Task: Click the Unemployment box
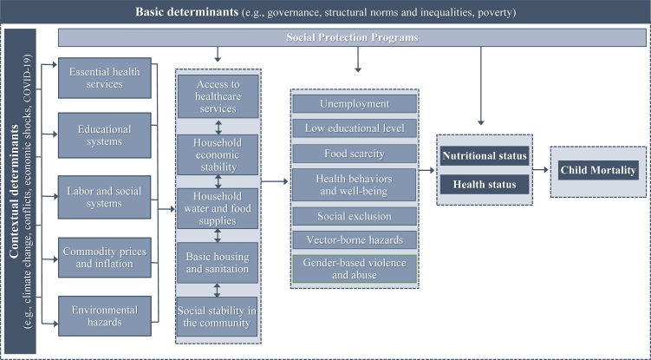(355, 104)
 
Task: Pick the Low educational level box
(355, 128)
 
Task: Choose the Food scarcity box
(355, 153)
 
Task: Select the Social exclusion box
(355, 216)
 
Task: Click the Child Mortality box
(598, 170)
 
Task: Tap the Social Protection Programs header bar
(350, 38)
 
